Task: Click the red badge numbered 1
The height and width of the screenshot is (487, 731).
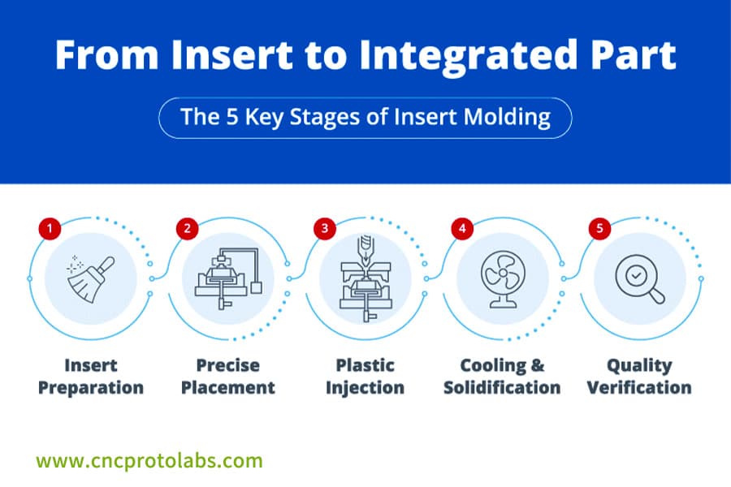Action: click(x=50, y=229)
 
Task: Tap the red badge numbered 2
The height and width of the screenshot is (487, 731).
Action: click(x=187, y=229)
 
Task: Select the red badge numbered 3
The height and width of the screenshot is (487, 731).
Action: click(x=325, y=229)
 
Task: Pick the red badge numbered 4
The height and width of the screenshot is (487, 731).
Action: click(x=462, y=229)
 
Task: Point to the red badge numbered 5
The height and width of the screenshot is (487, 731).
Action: click(x=600, y=229)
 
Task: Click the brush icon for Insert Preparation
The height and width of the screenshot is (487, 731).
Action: click(x=91, y=278)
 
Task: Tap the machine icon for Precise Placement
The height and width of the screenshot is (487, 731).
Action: click(x=227, y=278)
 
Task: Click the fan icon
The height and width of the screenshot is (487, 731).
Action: click(x=503, y=278)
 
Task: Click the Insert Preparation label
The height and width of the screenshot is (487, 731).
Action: click(x=91, y=377)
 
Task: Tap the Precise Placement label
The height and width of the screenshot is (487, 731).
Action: click(x=228, y=377)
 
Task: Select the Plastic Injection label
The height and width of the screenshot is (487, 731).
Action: click(x=365, y=377)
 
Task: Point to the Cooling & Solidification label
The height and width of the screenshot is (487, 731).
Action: click(x=503, y=377)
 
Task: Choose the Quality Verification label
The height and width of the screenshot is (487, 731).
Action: click(x=640, y=377)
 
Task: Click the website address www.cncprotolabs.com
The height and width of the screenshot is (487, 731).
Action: click(x=150, y=461)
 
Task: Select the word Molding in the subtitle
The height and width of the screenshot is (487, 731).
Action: click(x=503, y=117)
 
